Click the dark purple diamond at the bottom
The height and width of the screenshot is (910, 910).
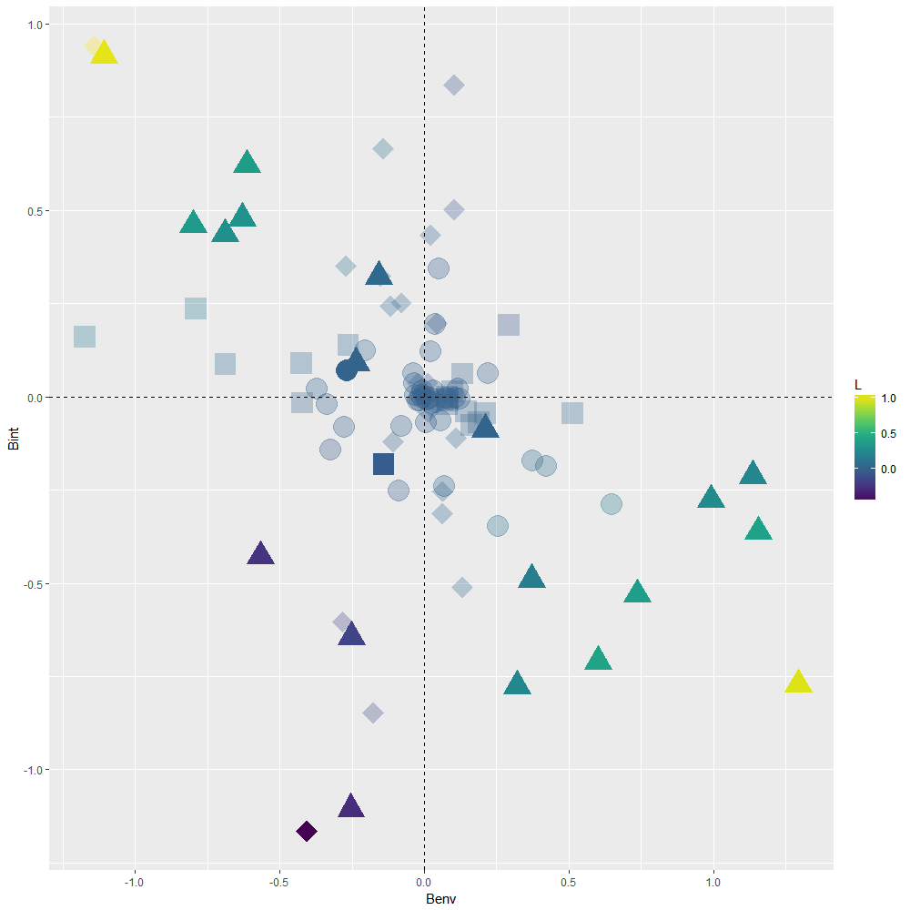pos(307,831)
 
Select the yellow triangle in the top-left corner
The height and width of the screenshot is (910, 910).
pos(105,54)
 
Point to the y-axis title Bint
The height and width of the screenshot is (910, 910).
pos(13,440)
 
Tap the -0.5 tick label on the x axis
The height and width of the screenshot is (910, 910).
pos(279,881)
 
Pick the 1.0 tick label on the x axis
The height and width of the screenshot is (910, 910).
pos(713,881)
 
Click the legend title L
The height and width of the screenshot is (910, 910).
pos(858,385)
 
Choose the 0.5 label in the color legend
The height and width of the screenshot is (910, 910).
pos(889,433)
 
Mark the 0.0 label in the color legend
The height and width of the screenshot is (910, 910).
pos(889,469)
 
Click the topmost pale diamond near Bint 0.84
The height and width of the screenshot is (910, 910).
pos(453,85)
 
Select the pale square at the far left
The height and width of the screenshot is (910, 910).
pos(85,337)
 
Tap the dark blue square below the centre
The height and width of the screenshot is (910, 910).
pos(383,464)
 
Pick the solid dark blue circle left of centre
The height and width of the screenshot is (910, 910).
pos(346,370)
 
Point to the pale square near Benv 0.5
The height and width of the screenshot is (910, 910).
pos(571,413)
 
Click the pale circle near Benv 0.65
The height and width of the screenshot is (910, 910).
pos(611,504)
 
